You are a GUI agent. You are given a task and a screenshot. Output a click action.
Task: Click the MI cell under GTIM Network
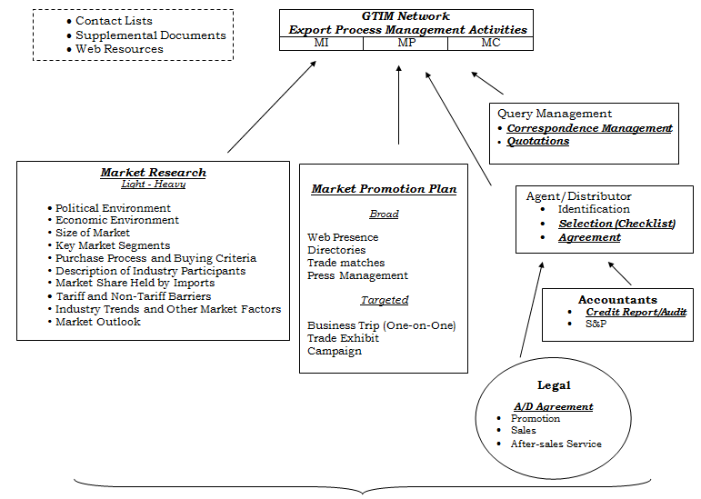point(321,44)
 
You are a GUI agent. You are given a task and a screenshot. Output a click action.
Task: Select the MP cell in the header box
point(406,44)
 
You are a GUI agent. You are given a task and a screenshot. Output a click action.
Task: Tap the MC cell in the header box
point(490,44)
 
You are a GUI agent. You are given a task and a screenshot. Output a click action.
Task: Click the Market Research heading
point(154,173)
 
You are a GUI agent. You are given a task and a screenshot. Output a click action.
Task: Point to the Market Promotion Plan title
point(384,189)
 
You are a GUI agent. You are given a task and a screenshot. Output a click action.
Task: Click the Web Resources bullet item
point(119,49)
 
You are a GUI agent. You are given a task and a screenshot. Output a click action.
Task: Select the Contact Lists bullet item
point(114,21)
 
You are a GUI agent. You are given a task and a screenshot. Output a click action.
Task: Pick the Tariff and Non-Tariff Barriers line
point(134,296)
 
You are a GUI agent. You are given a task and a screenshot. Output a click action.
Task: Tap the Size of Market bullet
point(93,233)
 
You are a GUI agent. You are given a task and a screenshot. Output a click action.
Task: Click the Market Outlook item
point(98,322)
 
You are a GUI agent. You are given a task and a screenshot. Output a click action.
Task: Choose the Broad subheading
point(384,214)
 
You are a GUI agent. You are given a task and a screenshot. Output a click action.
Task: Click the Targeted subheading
point(385,300)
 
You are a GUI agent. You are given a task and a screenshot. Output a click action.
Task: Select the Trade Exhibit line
point(343,338)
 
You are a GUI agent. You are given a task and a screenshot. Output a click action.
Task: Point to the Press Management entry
point(357,275)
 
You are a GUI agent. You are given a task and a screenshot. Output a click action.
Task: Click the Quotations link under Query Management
point(538,141)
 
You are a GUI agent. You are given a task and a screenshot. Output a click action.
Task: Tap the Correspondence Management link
point(590,128)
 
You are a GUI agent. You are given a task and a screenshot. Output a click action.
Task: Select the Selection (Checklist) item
point(617,224)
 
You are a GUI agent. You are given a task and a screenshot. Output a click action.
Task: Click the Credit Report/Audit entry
point(636,312)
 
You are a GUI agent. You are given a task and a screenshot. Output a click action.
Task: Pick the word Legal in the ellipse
point(554,385)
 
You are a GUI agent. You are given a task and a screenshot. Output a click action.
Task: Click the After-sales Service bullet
point(556,444)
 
